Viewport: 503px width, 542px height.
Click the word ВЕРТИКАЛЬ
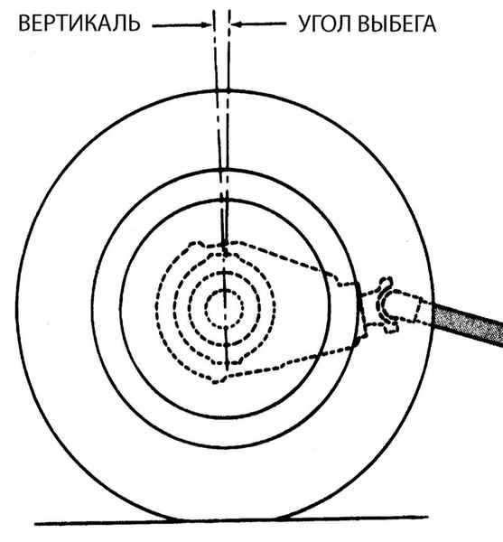click(x=79, y=23)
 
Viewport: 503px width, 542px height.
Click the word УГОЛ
click(x=324, y=24)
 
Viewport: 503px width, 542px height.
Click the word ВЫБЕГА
click(x=397, y=24)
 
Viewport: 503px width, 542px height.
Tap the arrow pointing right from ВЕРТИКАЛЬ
click(x=182, y=25)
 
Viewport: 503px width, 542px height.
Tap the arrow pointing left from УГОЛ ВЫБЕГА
click(x=259, y=24)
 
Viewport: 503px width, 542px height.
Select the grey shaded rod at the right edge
click(x=467, y=324)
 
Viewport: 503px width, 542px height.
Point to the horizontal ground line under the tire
click(x=231, y=520)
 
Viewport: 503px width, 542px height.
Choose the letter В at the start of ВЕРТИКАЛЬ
click(x=23, y=23)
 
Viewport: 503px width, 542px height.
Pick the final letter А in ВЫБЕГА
click(x=429, y=24)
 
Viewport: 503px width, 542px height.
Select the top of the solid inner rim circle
click(x=225, y=201)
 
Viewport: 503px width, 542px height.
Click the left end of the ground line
click(x=34, y=524)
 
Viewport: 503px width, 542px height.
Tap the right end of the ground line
click(x=428, y=517)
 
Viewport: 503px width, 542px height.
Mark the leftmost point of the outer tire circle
click(x=17, y=306)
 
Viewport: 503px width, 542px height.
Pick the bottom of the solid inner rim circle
click(x=225, y=418)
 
